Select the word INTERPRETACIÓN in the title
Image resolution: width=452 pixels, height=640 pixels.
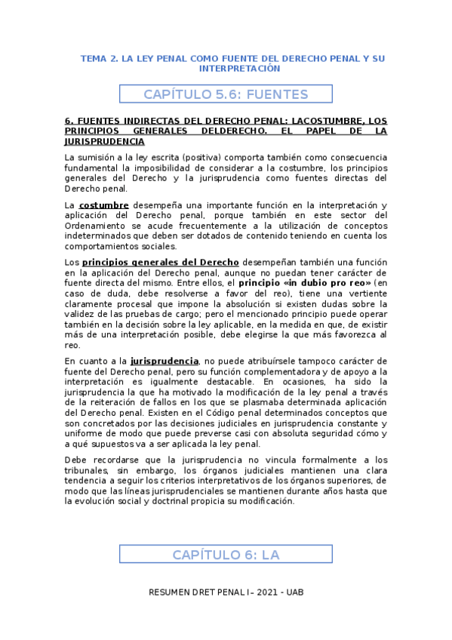tap(239, 69)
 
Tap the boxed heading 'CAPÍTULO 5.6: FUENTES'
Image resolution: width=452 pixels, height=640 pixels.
tap(226, 94)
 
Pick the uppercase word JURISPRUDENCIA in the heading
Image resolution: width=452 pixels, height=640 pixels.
tap(104, 141)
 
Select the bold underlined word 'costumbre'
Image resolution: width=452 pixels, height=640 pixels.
tap(104, 205)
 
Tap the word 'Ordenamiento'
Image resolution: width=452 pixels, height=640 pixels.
tap(97, 226)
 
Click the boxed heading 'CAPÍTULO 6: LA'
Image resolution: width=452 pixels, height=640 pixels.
tap(226, 555)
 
